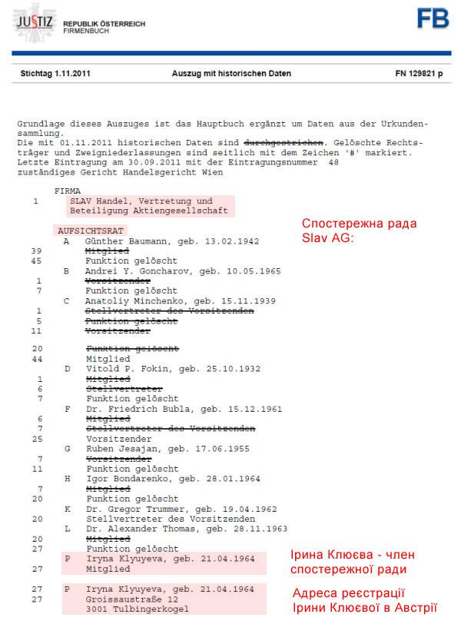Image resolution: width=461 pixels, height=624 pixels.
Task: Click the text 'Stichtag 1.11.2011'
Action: pos(50,74)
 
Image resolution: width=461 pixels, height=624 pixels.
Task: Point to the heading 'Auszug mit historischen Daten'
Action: pos(231,74)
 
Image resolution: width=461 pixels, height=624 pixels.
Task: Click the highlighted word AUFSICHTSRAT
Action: pos(91,231)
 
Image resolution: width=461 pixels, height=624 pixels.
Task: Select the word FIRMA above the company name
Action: pos(69,191)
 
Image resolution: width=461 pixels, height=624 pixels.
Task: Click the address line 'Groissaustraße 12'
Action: pos(131,598)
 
